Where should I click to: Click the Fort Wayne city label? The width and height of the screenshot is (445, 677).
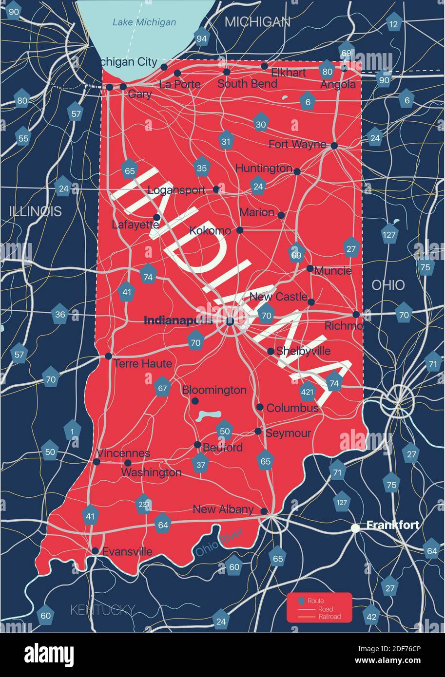click(x=297, y=144)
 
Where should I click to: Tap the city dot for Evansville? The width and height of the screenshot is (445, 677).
click(x=95, y=551)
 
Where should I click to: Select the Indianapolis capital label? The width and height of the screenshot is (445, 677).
click(x=178, y=320)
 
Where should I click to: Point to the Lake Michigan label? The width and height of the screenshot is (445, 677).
click(x=144, y=22)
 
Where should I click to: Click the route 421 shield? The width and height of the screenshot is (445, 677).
click(x=308, y=391)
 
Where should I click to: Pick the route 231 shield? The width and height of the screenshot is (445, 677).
click(x=143, y=504)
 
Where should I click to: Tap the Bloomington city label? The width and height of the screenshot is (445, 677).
click(x=214, y=390)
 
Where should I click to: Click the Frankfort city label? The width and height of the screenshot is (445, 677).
click(x=393, y=525)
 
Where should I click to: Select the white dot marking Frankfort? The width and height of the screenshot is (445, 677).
click(x=356, y=528)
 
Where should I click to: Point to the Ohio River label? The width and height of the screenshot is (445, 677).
click(x=219, y=543)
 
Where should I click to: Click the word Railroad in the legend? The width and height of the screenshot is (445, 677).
click(x=329, y=617)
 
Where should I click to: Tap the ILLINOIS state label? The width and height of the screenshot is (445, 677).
click(x=36, y=211)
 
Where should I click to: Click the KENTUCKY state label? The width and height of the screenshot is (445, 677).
click(x=102, y=609)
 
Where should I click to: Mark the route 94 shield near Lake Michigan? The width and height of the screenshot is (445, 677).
click(x=201, y=38)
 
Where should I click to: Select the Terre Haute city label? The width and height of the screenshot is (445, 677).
click(x=143, y=363)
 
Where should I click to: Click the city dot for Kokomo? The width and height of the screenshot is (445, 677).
click(x=239, y=230)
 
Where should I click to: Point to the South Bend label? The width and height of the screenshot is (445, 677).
click(x=247, y=84)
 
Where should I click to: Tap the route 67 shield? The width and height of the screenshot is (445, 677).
click(x=162, y=388)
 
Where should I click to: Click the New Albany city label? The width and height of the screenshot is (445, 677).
click(x=223, y=509)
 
